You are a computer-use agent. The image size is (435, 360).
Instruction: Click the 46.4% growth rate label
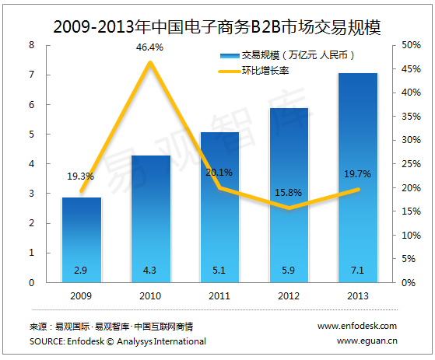pos(150,48)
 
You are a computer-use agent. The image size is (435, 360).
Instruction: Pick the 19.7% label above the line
pos(357,175)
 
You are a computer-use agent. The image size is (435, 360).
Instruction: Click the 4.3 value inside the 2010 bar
pos(150,271)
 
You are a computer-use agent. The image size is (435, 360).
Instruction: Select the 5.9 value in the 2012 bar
pos(289,271)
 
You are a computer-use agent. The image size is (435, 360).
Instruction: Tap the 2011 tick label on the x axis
pos(219,296)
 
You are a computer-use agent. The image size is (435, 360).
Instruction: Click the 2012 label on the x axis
pos(289,296)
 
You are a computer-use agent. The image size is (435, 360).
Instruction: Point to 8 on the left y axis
pos(32,45)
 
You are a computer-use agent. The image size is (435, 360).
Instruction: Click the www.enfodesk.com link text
pos(357,326)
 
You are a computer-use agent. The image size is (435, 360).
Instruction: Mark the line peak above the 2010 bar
pos(150,62)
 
